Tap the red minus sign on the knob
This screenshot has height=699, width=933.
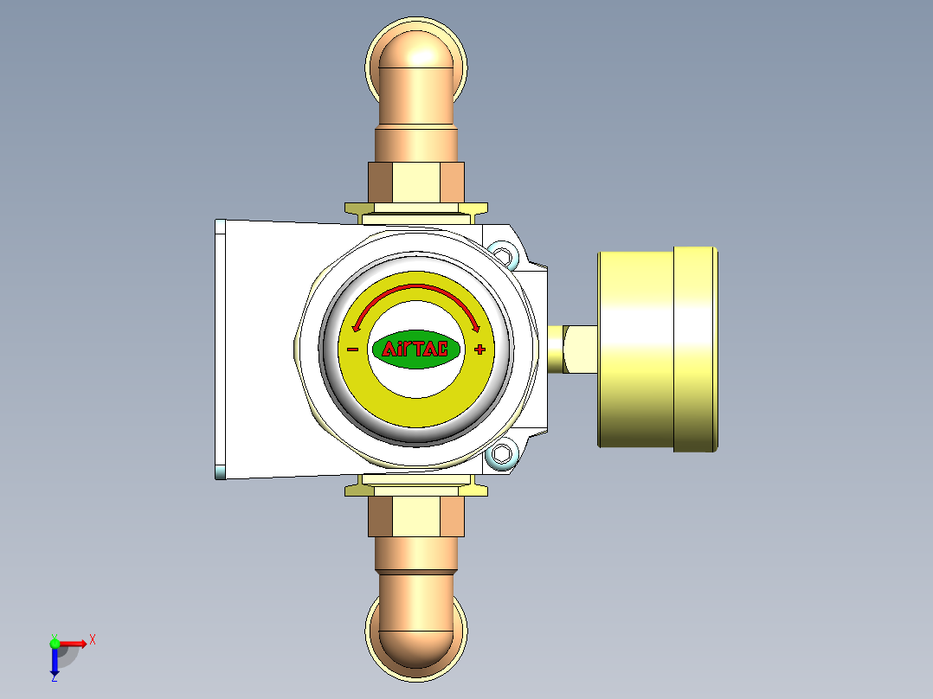click(x=353, y=349)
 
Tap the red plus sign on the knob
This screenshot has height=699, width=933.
click(x=479, y=349)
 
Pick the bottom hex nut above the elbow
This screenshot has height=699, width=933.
click(x=416, y=517)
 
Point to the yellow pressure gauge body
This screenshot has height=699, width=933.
click(x=636, y=349)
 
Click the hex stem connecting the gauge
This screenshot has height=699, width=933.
click(x=572, y=349)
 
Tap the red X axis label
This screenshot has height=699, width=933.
click(x=93, y=639)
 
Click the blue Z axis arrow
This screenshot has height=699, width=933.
click(x=54, y=663)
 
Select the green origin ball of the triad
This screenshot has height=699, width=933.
click(x=55, y=643)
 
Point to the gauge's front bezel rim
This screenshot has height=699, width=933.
click(x=697, y=349)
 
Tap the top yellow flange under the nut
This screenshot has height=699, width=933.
click(x=416, y=210)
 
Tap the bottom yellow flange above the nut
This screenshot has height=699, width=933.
click(x=416, y=490)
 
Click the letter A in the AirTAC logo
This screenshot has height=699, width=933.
click(x=390, y=349)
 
